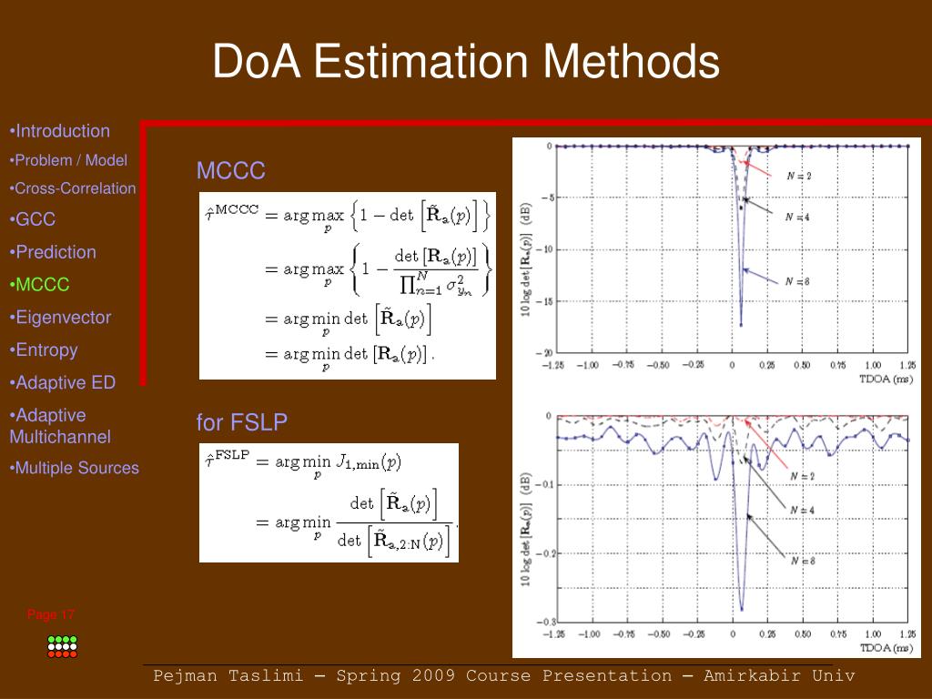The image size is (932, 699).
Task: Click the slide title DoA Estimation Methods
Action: pos(466,63)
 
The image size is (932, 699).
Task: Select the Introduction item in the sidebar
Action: pos(61,131)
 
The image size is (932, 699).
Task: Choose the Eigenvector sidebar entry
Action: pos(61,318)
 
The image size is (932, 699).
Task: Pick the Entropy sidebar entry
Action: pos(45,350)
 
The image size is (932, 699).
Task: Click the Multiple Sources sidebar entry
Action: pos(75,469)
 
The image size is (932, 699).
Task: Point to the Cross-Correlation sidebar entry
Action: pos(73,189)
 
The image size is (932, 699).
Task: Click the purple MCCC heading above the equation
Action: pos(230,171)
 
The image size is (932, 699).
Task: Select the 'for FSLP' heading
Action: pos(242,423)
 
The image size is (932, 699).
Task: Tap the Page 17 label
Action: pos(51,614)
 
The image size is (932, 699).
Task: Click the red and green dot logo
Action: pos(62,645)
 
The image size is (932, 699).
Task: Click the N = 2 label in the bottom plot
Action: pos(801,475)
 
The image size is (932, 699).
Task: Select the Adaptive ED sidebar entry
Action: pos(65,383)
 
